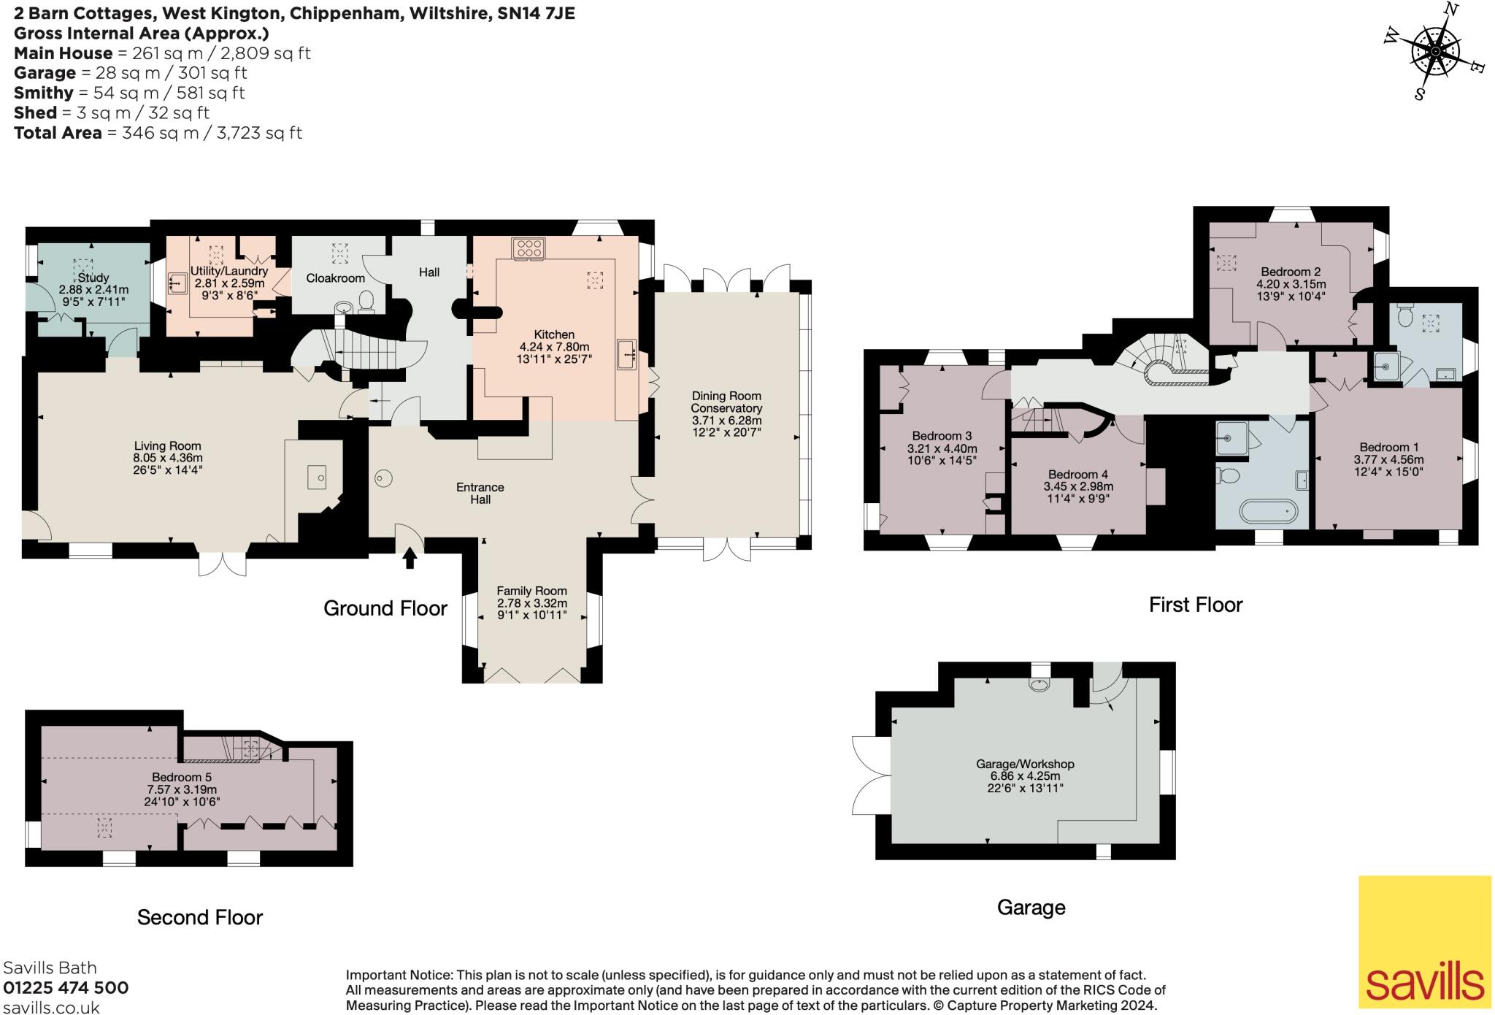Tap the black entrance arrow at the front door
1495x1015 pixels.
pyautogui.click(x=410, y=559)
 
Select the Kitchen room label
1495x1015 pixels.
pyautogui.click(x=554, y=334)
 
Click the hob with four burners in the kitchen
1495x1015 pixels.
pyautogui.click(x=529, y=248)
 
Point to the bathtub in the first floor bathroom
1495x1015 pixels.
pyautogui.click(x=1269, y=511)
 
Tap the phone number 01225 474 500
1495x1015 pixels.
pyautogui.click(x=66, y=988)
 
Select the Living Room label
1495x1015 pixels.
pyautogui.click(x=167, y=445)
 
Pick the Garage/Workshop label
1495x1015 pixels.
pyautogui.click(x=1025, y=764)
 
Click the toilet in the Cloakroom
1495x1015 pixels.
pyautogui.click(x=367, y=300)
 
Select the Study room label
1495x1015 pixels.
pyautogui.click(x=93, y=277)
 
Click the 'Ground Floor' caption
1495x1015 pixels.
pyautogui.click(x=385, y=608)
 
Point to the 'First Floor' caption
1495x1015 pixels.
pyautogui.click(x=1195, y=605)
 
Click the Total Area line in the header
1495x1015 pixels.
pyautogui.click(x=158, y=133)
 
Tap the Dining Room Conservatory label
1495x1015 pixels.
pyautogui.click(x=726, y=402)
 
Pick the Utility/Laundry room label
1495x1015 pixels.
pyautogui.click(x=229, y=271)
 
